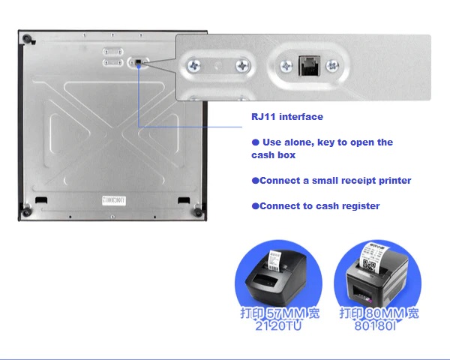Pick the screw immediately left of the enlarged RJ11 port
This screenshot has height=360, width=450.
[286, 66]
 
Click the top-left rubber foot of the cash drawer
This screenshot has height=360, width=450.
[26, 38]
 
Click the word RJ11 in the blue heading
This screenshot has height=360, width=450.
[263, 117]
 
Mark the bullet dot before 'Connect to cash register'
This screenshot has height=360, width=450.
[255, 206]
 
